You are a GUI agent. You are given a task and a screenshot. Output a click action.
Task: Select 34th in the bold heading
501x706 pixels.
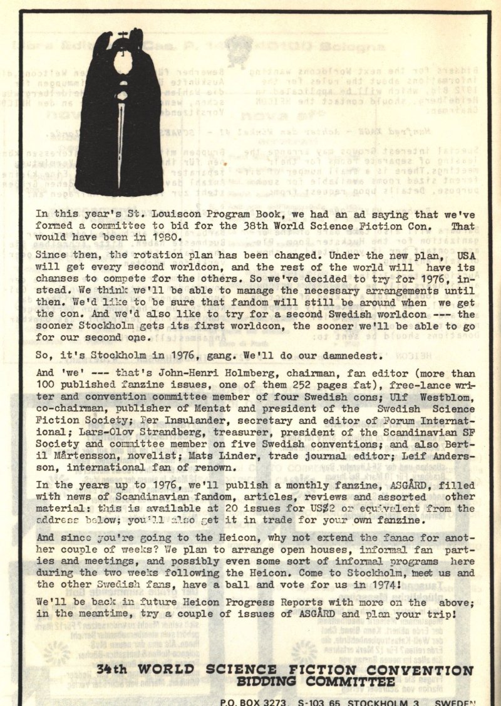(x=113, y=670)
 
